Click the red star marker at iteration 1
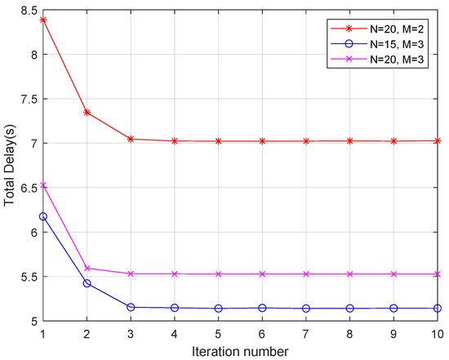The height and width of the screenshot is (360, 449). point(43,20)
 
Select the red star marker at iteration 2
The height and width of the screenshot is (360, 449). point(87,112)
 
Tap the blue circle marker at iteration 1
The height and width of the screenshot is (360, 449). point(43,216)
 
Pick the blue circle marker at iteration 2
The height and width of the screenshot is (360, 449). point(87,283)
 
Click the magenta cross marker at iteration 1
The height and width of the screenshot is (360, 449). point(43,185)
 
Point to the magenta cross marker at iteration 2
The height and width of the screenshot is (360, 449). point(87,268)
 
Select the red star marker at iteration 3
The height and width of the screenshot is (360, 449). point(131,139)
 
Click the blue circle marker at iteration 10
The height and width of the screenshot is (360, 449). point(438,309)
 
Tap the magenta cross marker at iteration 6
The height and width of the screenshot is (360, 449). point(263,274)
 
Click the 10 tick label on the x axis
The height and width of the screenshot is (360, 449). point(438,333)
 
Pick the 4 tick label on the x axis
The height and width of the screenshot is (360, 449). point(175,333)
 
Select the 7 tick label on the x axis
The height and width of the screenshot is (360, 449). point(307,333)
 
